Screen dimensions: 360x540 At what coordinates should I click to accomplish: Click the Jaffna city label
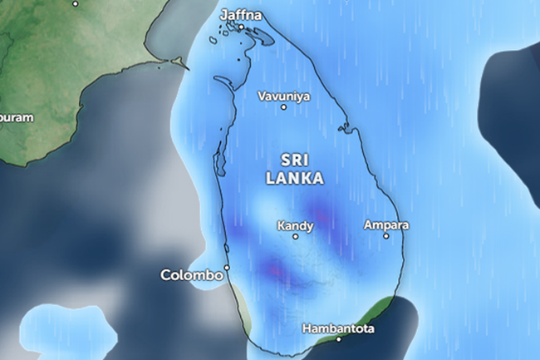(242, 15)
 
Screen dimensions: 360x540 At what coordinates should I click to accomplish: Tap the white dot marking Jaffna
(242, 27)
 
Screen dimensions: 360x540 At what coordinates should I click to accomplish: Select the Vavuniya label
(283, 96)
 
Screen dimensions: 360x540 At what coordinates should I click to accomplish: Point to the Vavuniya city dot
(283, 107)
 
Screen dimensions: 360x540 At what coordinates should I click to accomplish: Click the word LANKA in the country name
(294, 178)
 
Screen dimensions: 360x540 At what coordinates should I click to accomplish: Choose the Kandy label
(295, 224)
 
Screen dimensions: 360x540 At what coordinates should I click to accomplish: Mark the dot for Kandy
(295, 236)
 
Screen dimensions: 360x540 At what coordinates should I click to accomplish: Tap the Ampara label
(386, 224)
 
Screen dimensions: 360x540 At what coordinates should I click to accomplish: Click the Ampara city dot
(386, 236)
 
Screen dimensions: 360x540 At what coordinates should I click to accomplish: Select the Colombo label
(192, 274)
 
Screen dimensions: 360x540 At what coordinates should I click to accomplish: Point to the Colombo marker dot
(227, 268)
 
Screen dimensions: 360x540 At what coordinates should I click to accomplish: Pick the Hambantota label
(338, 328)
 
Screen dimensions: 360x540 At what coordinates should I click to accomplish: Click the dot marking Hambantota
(338, 339)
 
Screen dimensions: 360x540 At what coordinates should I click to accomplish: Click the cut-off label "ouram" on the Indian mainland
(17, 117)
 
